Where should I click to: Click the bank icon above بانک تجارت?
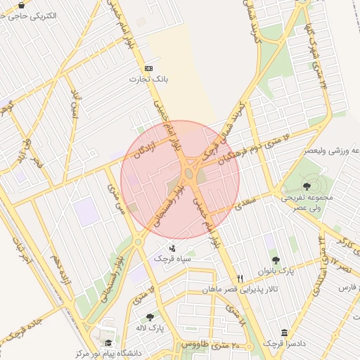click(x=148, y=68)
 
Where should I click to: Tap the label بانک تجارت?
click(x=148, y=79)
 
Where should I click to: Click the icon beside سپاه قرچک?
click(x=173, y=247)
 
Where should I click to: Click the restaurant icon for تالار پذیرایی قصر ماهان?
click(x=240, y=278)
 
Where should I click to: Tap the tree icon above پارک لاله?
click(x=149, y=317)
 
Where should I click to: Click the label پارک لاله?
click(x=149, y=328)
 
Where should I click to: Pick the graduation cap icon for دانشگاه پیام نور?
click(x=109, y=343)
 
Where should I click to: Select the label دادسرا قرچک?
click(x=283, y=343)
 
